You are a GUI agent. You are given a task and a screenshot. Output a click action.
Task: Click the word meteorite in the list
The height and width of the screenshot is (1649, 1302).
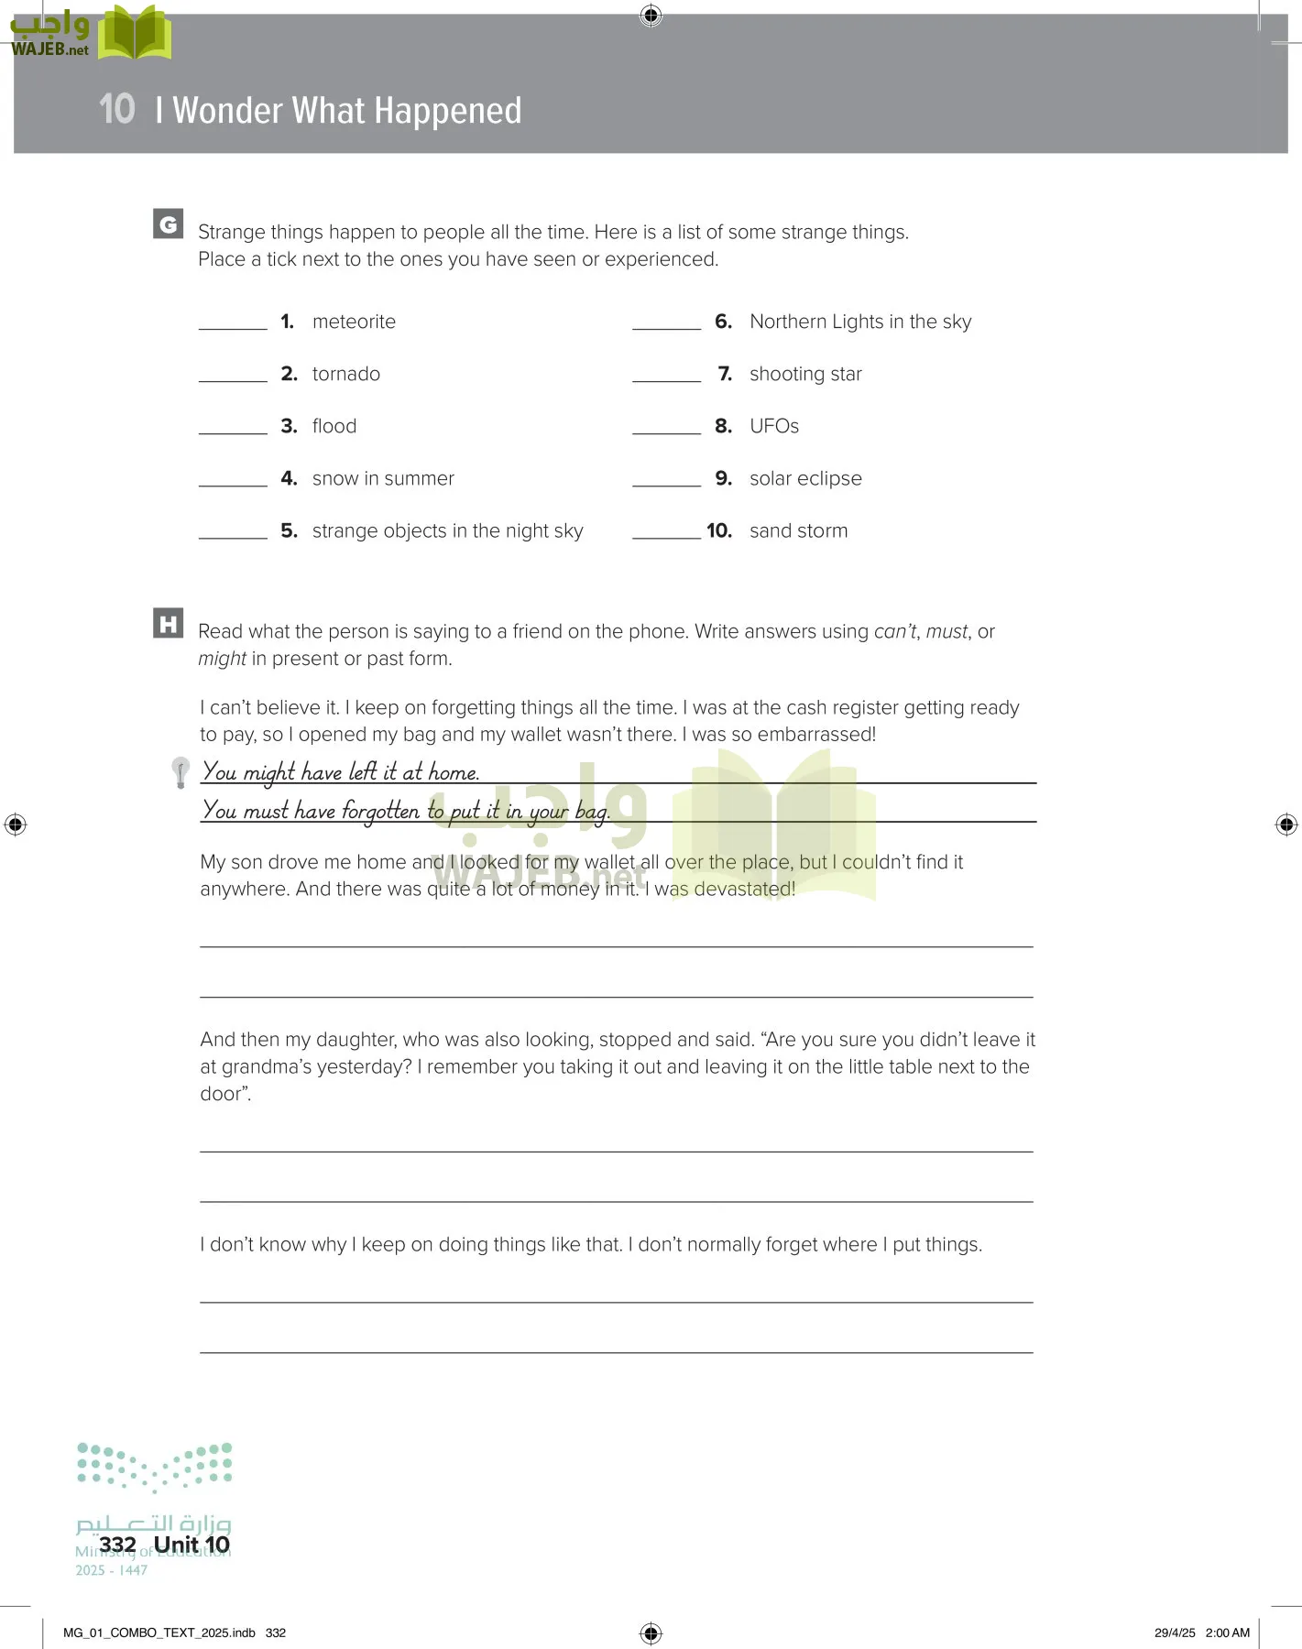(x=354, y=322)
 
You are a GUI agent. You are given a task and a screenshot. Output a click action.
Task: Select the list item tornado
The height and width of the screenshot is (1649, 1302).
(x=345, y=374)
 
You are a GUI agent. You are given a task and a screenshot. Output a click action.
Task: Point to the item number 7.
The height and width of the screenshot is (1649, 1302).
(x=725, y=374)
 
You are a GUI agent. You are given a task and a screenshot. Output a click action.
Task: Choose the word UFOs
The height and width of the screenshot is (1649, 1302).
(x=773, y=426)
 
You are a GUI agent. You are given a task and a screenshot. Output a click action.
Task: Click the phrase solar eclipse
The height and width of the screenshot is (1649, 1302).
(x=805, y=478)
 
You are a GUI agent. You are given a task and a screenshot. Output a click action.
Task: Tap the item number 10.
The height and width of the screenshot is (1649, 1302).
(x=719, y=530)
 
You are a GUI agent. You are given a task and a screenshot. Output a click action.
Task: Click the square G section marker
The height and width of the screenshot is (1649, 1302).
(x=169, y=224)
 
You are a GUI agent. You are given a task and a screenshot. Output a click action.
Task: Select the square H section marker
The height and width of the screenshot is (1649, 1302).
(x=169, y=624)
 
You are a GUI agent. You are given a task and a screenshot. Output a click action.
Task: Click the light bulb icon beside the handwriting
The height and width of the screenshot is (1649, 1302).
(x=181, y=771)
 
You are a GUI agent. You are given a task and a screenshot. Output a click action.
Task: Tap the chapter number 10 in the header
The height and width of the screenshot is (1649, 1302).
(x=117, y=110)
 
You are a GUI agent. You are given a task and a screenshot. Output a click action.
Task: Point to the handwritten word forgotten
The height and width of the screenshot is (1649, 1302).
(x=380, y=811)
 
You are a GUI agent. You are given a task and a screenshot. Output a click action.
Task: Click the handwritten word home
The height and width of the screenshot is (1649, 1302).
(x=454, y=772)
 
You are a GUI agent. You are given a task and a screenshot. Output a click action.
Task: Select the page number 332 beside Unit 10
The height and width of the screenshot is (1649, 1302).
(x=117, y=1545)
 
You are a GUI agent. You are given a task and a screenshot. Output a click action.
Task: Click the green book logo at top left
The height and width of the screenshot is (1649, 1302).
(x=135, y=34)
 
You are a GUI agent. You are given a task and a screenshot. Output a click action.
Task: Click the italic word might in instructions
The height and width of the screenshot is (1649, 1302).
(x=222, y=659)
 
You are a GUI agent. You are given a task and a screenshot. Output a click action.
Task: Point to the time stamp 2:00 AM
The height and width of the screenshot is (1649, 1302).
(x=1227, y=1633)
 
